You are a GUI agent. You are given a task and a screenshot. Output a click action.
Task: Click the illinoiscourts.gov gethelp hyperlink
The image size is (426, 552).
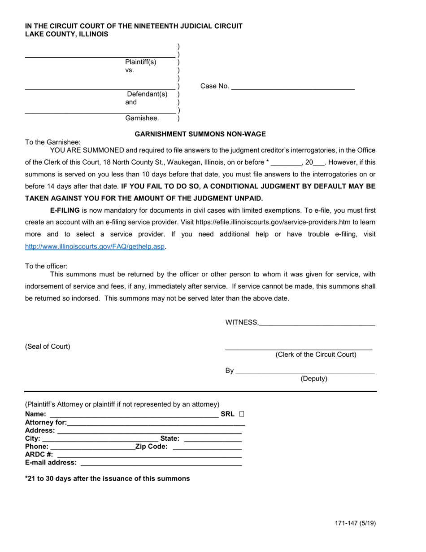point(95,246)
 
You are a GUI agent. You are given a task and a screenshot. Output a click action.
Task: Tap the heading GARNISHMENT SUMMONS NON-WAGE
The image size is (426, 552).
point(200,134)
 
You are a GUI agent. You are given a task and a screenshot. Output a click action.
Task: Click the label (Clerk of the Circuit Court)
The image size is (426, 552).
point(316,355)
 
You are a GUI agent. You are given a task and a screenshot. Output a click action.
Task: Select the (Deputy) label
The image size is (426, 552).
point(313,378)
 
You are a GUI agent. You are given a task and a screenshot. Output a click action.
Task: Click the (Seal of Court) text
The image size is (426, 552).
point(48,346)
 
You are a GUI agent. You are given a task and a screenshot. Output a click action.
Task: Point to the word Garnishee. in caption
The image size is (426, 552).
point(142,118)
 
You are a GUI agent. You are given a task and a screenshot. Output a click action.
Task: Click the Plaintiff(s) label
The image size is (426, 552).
point(140,62)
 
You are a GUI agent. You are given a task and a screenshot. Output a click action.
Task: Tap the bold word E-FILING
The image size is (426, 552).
point(65,210)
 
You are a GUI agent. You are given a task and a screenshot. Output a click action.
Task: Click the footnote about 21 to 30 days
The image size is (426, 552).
point(108,478)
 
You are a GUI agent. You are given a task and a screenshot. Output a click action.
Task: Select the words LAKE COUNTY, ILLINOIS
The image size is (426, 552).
point(66,34)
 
